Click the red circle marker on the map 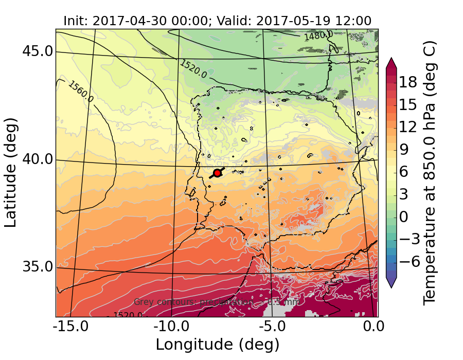(217, 173)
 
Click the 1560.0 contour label (81, 92)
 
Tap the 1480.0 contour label (315, 36)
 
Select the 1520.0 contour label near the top (193, 69)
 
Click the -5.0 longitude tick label (272, 327)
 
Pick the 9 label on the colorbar (407, 150)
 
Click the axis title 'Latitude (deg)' (11, 172)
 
